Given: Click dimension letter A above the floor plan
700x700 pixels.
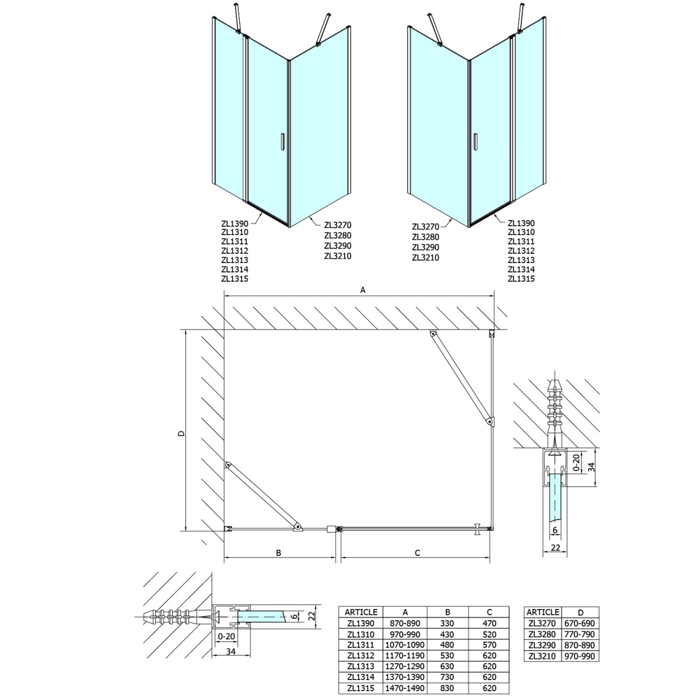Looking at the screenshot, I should pyautogui.click(x=362, y=289).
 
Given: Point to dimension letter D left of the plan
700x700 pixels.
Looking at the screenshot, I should pyautogui.click(x=181, y=433).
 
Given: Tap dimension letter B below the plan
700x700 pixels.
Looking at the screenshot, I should pyautogui.click(x=279, y=552).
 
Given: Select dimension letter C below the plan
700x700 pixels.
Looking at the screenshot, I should pyautogui.click(x=418, y=552).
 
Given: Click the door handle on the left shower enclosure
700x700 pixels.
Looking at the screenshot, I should pyautogui.click(x=282, y=143).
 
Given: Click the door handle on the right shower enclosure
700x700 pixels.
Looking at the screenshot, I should pyautogui.click(x=476, y=143).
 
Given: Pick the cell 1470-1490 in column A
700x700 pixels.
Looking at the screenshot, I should pyautogui.click(x=405, y=688).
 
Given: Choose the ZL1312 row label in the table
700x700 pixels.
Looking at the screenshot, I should pyautogui.click(x=361, y=656).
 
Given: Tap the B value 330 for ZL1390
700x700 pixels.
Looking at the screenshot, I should pyautogui.click(x=447, y=623).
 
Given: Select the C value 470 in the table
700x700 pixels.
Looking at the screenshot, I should pyautogui.click(x=489, y=623).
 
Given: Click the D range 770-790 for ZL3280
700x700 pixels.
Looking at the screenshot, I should pyautogui.click(x=580, y=634).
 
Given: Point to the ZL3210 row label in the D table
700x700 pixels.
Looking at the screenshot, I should pyautogui.click(x=542, y=656).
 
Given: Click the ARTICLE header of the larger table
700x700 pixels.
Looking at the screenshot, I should pyautogui.click(x=361, y=612).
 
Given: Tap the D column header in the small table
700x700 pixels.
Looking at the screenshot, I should pyautogui.click(x=580, y=612).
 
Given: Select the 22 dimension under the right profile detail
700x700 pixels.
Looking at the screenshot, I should pyautogui.click(x=555, y=548).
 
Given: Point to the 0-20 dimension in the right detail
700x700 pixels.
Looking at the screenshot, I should pyautogui.click(x=576, y=461).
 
